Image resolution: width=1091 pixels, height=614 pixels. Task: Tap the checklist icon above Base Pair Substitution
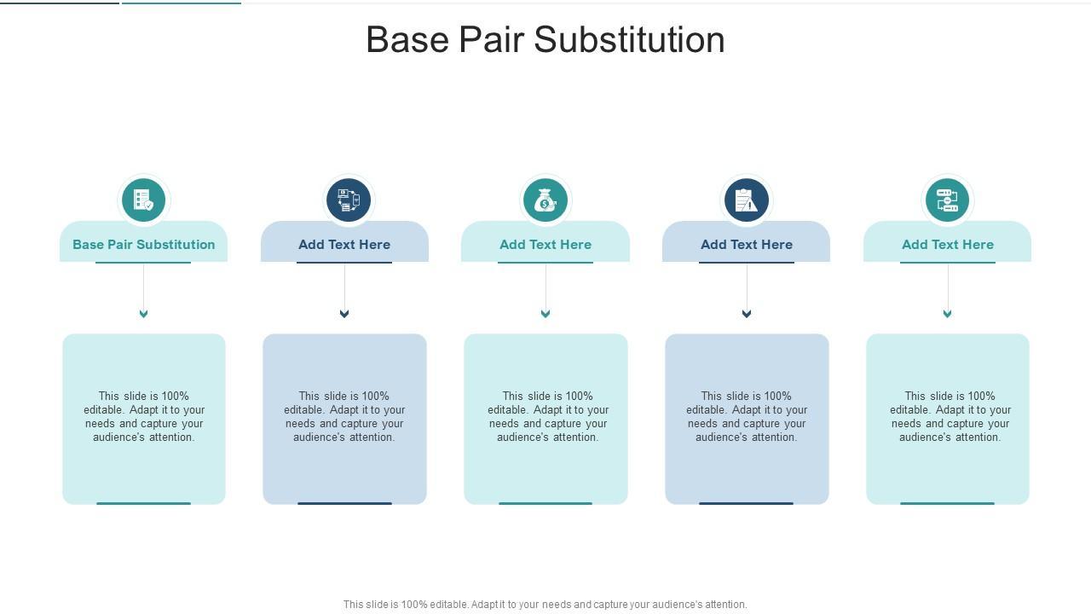tap(143, 200)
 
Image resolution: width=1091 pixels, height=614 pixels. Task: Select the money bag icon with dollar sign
tap(545, 200)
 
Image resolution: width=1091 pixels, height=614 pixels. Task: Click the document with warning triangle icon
tap(747, 200)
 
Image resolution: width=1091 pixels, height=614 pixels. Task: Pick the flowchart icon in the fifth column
tap(947, 200)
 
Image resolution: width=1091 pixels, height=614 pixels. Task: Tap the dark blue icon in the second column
tap(349, 200)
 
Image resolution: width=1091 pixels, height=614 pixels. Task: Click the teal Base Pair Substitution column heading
tap(144, 245)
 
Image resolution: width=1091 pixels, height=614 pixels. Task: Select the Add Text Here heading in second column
tap(344, 245)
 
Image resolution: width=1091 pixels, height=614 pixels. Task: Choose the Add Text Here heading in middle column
tap(545, 245)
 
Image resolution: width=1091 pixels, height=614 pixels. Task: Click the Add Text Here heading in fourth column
tap(747, 245)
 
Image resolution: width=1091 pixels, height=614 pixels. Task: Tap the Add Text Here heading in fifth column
tap(948, 245)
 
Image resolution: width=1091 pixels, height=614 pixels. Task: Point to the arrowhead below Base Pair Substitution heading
tap(143, 314)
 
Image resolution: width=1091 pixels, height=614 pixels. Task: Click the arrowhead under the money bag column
tap(545, 314)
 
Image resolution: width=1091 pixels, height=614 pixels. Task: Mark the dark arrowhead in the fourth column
tap(747, 314)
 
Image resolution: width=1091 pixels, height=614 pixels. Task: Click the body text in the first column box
tap(144, 417)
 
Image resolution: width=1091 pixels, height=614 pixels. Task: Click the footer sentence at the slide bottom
tap(545, 605)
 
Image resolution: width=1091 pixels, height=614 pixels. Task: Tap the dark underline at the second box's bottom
tap(344, 503)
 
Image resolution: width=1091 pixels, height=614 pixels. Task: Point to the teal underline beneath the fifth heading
tap(948, 263)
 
